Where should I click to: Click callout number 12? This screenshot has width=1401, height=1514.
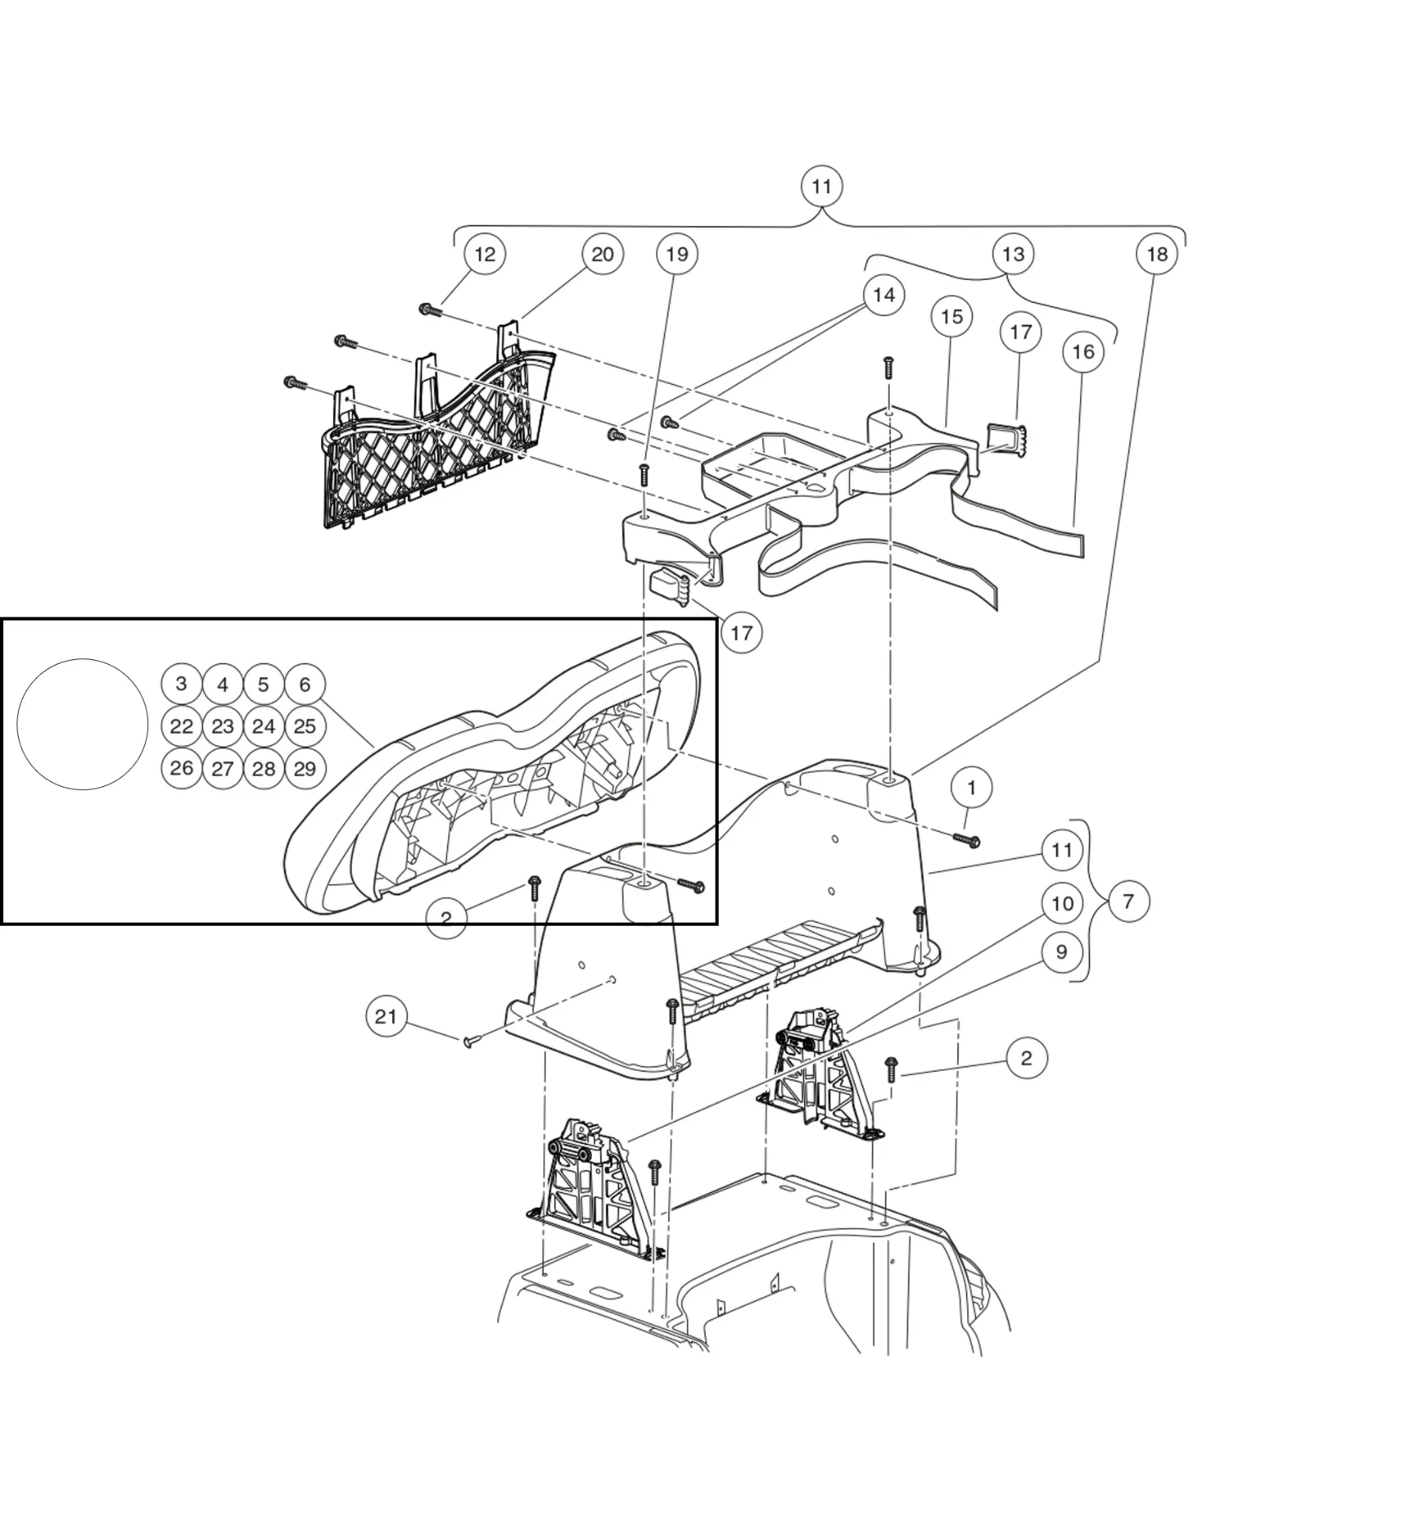[x=484, y=254]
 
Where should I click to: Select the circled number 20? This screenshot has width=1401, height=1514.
[x=602, y=254]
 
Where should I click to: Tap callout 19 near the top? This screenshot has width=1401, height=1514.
[x=677, y=254]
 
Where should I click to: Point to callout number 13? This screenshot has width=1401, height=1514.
[x=1013, y=254]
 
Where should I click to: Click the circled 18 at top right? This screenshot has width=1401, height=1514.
[x=1156, y=254]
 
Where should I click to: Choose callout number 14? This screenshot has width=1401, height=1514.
[x=884, y=295]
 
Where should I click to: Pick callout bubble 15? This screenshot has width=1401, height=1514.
[x=951, y=316]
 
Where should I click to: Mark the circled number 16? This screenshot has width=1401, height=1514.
[x=1083, y=352]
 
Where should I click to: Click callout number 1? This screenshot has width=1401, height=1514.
[x=971, y=788]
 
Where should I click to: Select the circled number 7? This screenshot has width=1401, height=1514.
[x=1128, y=901]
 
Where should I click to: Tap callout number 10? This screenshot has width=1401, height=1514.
[x=1063, y=904]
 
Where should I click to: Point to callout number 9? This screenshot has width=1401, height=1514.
[x=1061, y=952]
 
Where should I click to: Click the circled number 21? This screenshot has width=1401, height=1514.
[x=387, y=1016]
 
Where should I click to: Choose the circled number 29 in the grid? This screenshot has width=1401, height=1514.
[x=304, y=768]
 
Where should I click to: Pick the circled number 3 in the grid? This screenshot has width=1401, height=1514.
[x=181, y=684]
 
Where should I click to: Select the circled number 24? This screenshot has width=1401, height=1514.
[x=263, y=726]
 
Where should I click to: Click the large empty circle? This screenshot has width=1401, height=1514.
[x=83, y=725]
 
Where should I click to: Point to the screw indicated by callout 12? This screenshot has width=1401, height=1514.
[x=430, y=311]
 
